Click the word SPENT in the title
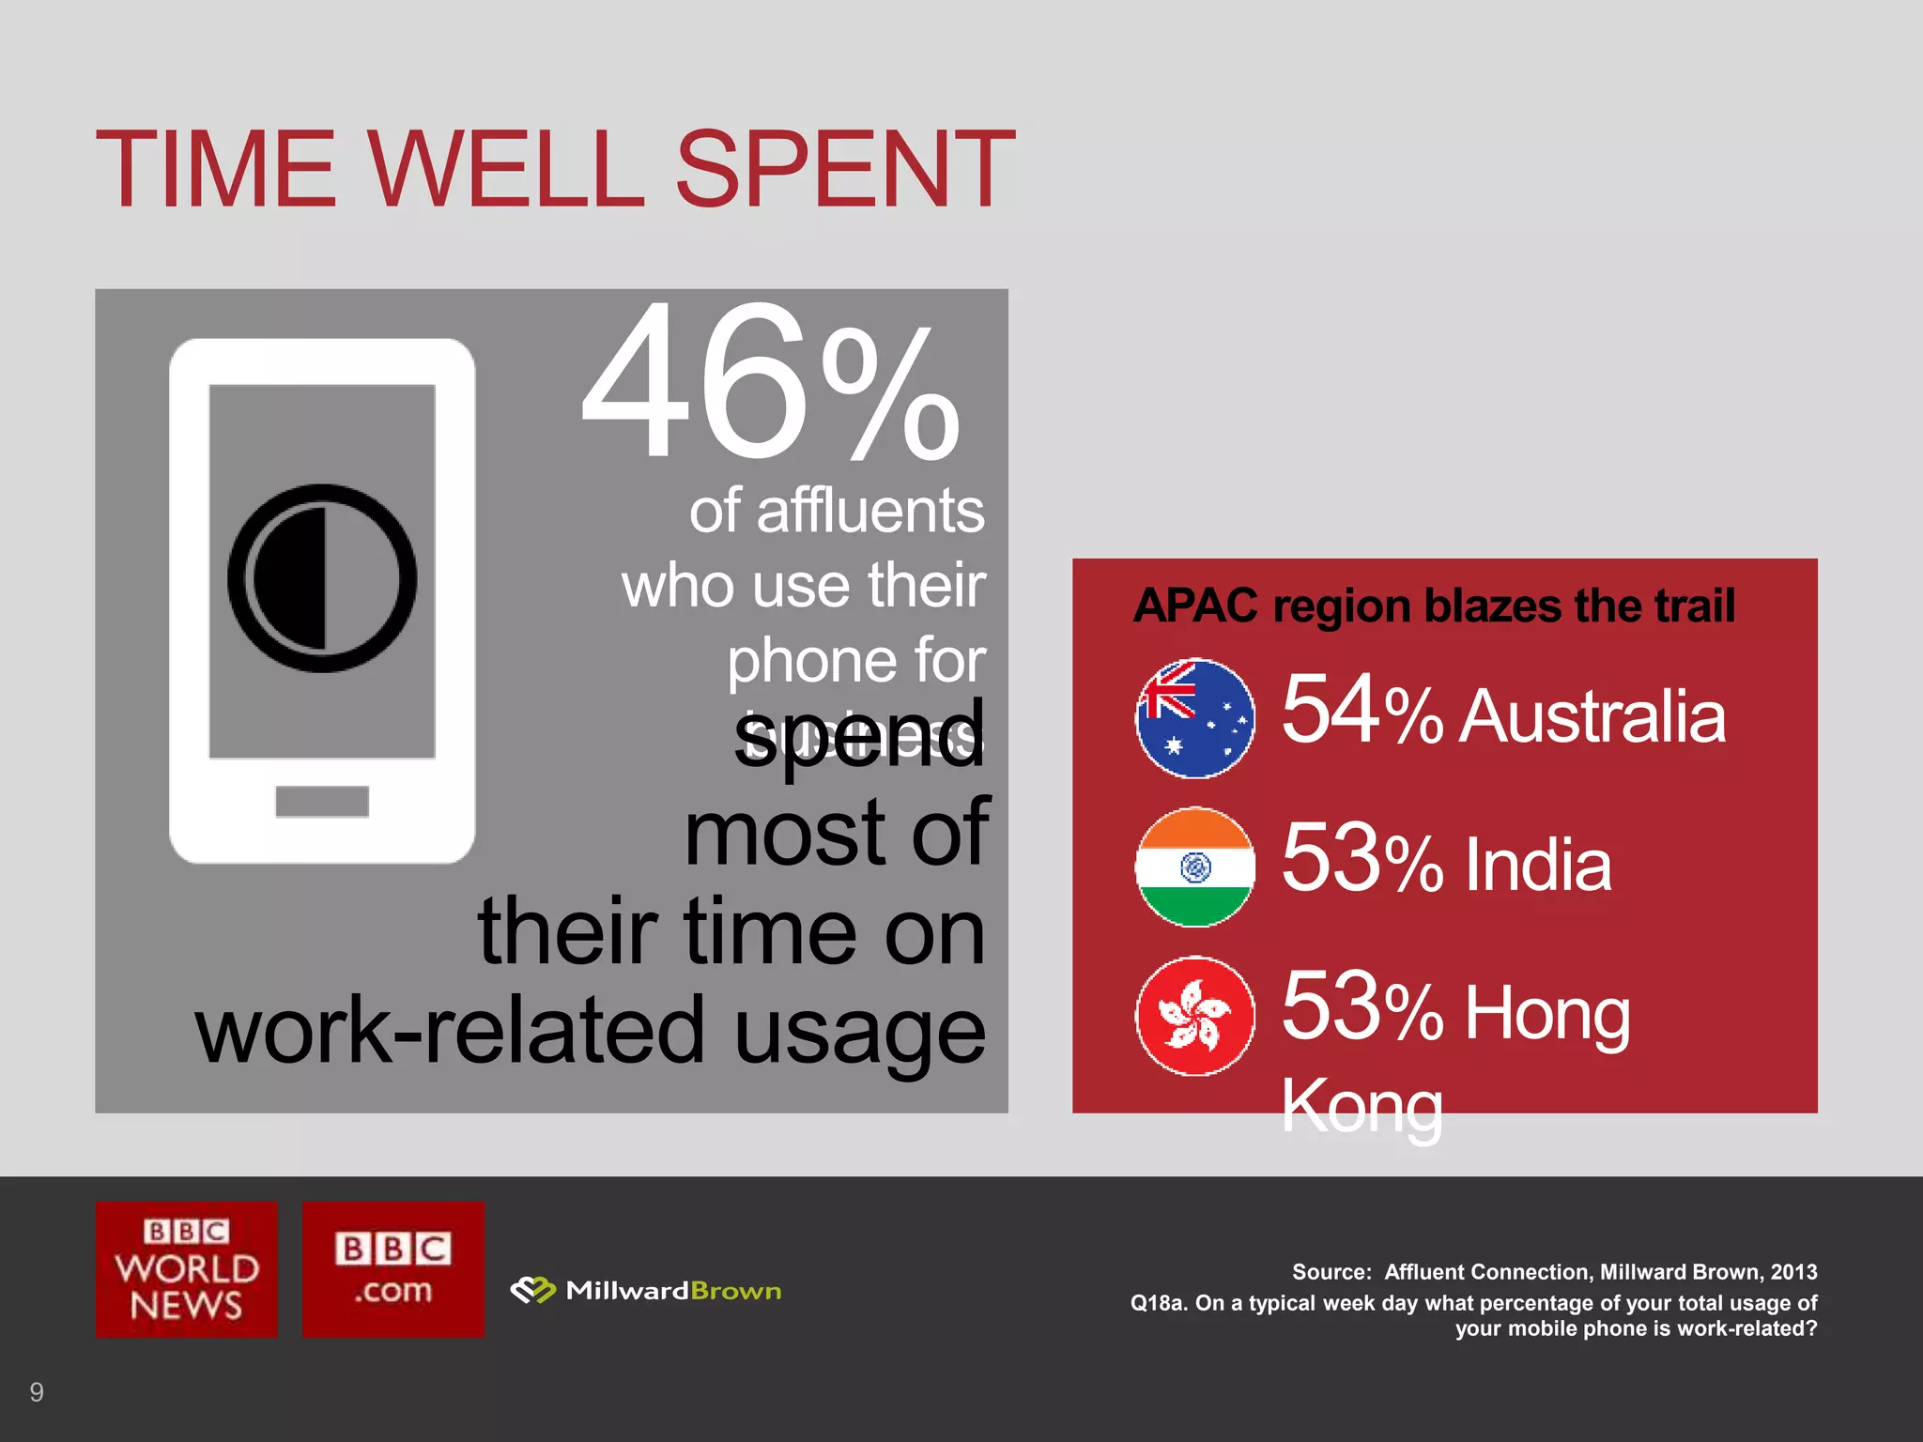[844, 169]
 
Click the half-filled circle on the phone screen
[322, 578]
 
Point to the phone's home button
[322, 801]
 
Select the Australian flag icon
[1194, 718]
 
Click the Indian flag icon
[1194, 867]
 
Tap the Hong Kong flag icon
[1194, 1016]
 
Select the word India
[1537, 865]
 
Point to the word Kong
[1361, 1108]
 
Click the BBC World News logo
[187, 1269]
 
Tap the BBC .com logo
[393, 1269]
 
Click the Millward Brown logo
[646, 1291]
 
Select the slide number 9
[37, 1391]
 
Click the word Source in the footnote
[1331, 1272]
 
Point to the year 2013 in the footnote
[1793, 1272]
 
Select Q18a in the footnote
[1158, 1303]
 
